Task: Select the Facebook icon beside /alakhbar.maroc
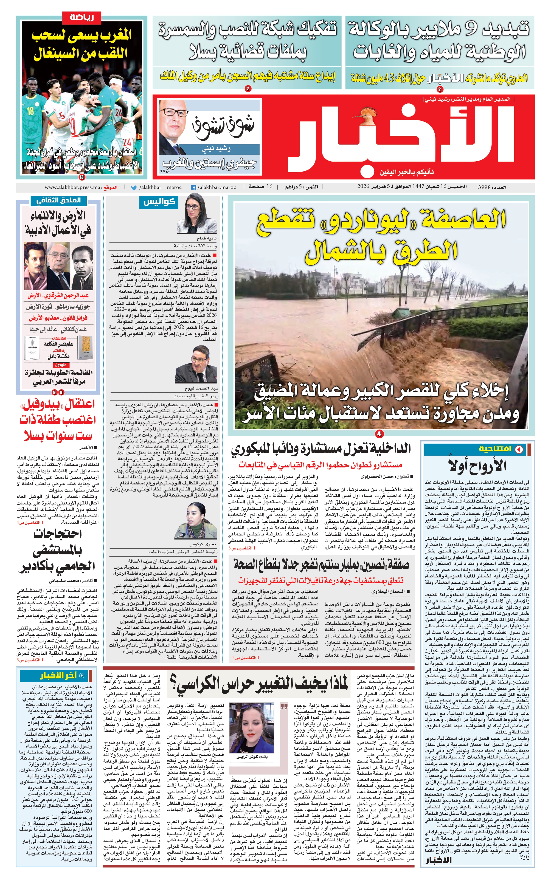click(193, 187)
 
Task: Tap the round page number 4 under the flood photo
click(379, 434)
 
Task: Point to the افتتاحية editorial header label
click(495, 449)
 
